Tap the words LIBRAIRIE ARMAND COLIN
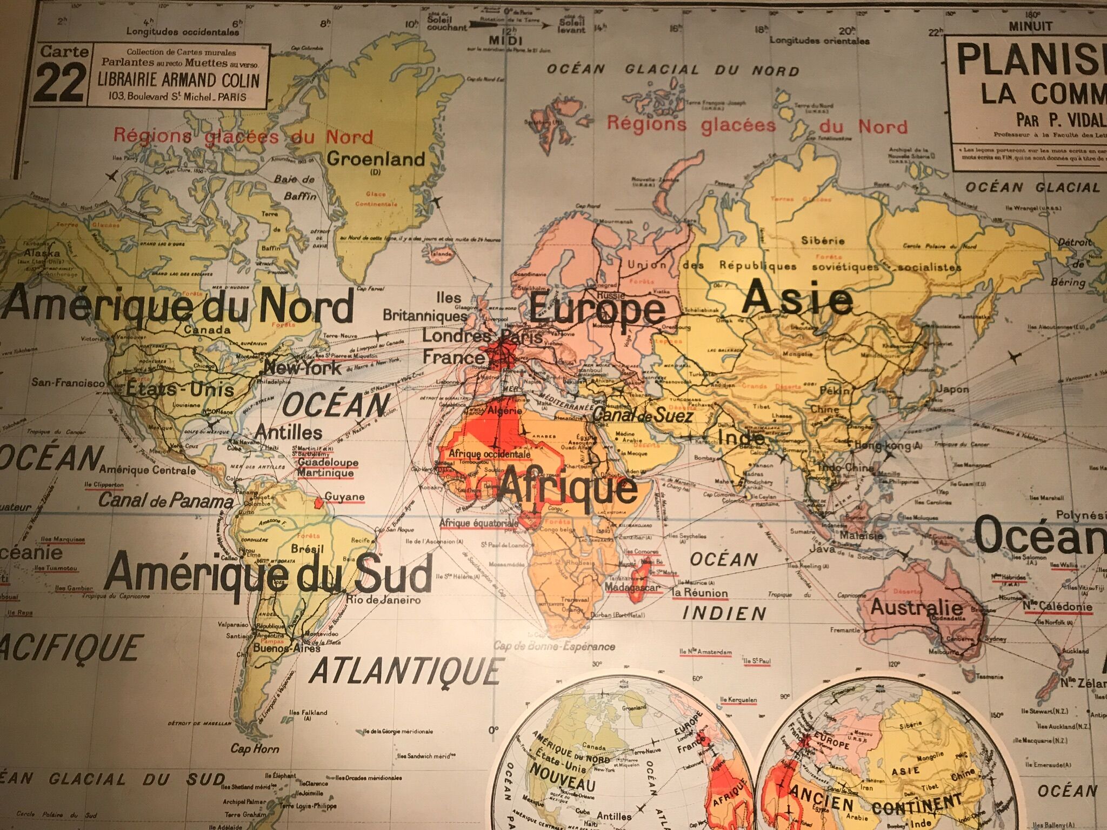tap(178, 80)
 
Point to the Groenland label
tap(376, 159)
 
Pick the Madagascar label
tap(632, 587)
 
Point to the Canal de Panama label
tap(165, 500)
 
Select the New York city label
tap(303, 369)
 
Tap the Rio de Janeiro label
tap(384, 600)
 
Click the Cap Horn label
tap(255, 748)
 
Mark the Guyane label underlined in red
tap(344, 497)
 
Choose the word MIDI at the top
tap(505, 41)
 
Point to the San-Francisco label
tap(68, 383)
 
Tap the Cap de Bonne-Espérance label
tap(554, 646)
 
